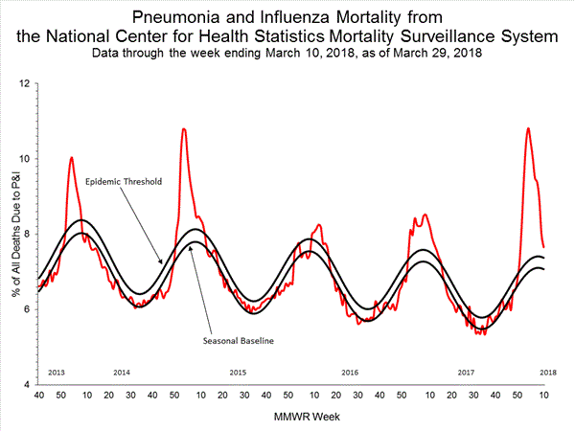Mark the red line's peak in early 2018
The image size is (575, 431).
[527, 128]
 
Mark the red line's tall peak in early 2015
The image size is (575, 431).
[183, 128]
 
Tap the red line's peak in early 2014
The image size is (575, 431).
[71, 157]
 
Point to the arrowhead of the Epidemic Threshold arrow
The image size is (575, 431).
[162, 261]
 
